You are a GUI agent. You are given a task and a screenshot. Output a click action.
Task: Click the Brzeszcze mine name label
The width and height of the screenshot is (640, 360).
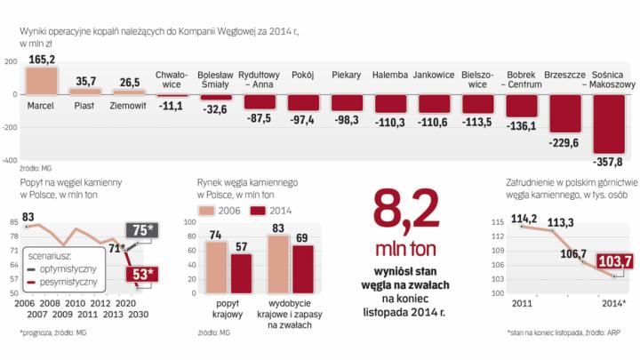point(564,76)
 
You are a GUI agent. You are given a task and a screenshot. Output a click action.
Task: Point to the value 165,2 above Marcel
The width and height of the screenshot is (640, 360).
point(42,59)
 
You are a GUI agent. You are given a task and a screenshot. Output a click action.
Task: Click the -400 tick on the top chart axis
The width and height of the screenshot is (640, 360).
point(10,162)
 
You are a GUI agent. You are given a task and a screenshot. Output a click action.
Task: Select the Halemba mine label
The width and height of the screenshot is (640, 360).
point(391,76)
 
